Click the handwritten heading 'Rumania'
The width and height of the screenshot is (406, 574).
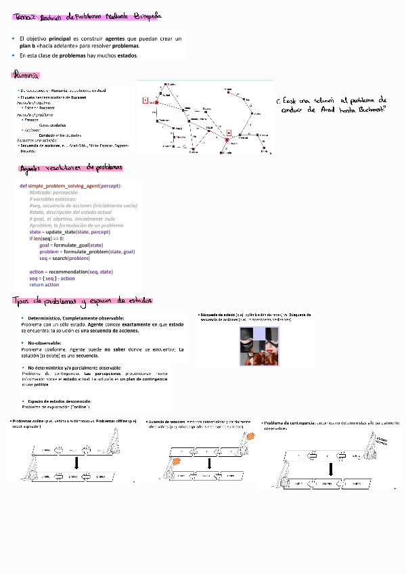(26, 75)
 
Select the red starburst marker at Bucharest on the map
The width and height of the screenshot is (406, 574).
(229, 133)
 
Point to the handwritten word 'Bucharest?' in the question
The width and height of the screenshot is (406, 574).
(365, 109)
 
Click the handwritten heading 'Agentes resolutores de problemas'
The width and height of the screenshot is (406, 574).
(71, 167)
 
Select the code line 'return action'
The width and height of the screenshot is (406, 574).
(44, 285)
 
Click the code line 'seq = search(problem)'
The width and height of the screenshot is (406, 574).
(64, 258)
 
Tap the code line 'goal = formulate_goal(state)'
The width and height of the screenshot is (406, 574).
(71, 245)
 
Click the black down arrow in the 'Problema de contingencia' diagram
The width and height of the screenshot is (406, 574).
(331, 469)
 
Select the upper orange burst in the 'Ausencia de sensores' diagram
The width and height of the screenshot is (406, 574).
(251, 437)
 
